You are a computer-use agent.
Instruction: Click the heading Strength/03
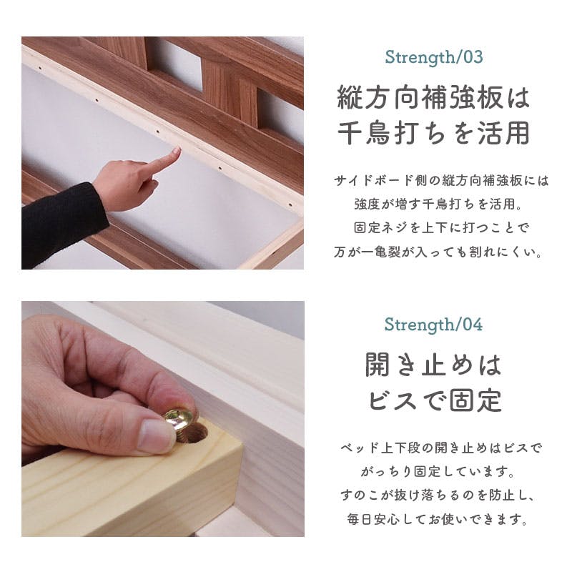click(434, 57)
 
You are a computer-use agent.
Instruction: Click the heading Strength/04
click(433, 325)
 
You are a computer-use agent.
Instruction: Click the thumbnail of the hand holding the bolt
click(163, 419)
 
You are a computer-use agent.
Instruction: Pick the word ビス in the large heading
click(393, 400)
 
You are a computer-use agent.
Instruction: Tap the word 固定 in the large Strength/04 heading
click(475, 400)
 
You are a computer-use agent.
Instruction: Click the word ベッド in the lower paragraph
click(358, 448)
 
